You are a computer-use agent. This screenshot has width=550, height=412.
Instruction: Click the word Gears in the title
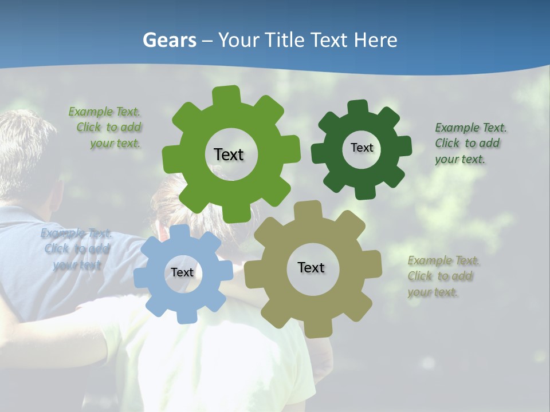[x=169, y=40]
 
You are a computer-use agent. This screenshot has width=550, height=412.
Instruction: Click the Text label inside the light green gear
[x=229, y=154]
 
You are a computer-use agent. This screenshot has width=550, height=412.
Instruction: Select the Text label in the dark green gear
[x=362, y=148]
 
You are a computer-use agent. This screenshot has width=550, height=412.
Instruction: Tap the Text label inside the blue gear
[x=182, y=272]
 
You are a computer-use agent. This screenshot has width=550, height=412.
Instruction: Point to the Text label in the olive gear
[x=311, y=267]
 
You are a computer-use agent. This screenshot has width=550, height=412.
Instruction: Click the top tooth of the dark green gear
[x=357, y=107]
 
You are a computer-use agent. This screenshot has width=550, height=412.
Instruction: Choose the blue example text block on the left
[x=76, y=249]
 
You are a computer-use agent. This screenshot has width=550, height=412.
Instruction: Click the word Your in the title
[x=238, y=40]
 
